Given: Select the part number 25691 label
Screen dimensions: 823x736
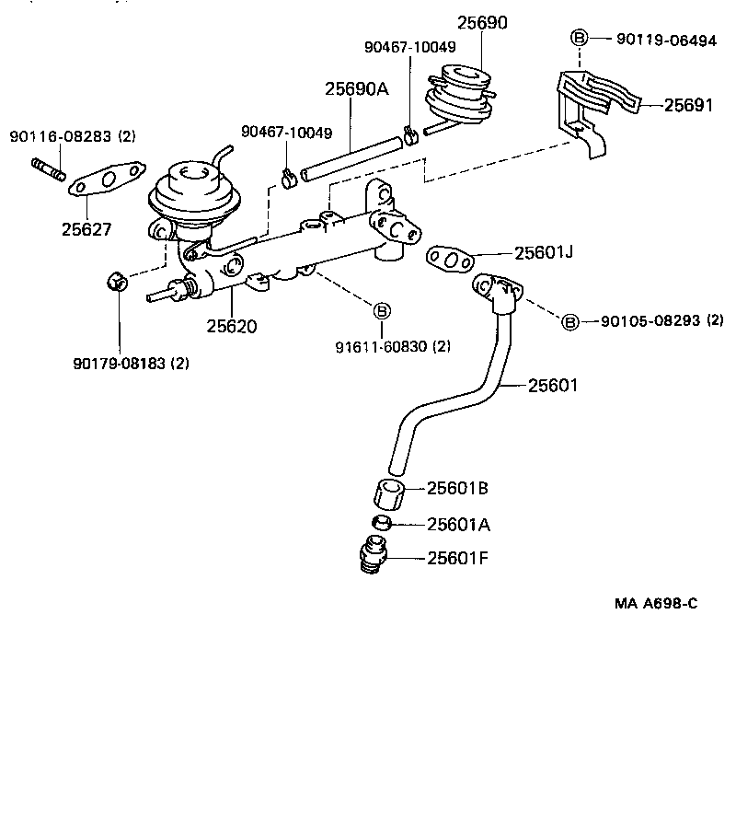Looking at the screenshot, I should [688, 105].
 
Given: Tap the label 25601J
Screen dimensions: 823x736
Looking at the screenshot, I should [544, 251].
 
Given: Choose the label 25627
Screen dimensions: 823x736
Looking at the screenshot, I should [86, 229].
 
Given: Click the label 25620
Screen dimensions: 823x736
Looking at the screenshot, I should [231, 325].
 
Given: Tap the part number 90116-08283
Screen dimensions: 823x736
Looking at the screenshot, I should [61, 136].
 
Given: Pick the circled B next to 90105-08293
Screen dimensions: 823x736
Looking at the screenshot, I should [570, 321].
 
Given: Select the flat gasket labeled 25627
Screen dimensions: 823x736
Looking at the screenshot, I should [108, 179].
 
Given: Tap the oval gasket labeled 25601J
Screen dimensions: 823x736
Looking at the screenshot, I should [450, 259].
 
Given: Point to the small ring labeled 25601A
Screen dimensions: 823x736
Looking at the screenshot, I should [383, 524].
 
